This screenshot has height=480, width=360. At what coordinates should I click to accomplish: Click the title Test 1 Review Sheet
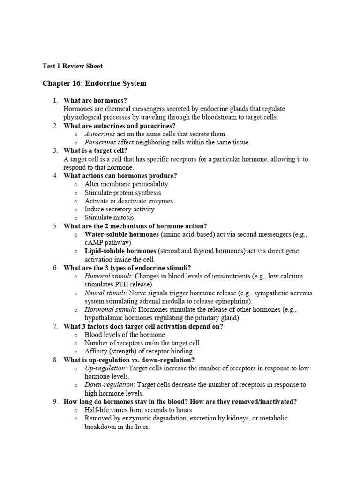72,66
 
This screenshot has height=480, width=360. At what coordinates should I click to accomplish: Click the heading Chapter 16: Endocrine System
94,83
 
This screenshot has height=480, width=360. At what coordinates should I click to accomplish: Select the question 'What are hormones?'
95,100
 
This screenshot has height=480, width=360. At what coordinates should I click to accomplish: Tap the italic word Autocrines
99,134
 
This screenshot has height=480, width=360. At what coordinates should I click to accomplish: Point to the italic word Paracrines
100,142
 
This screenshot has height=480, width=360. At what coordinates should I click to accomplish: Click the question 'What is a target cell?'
95,150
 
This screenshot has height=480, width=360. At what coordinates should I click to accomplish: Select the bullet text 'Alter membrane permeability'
126,184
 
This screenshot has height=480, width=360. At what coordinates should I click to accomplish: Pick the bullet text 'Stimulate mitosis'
109,217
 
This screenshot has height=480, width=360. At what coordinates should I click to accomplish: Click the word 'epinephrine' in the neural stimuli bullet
234,301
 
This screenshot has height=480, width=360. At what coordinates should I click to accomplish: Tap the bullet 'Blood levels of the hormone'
125,335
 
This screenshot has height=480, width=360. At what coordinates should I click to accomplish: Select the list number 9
55,402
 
